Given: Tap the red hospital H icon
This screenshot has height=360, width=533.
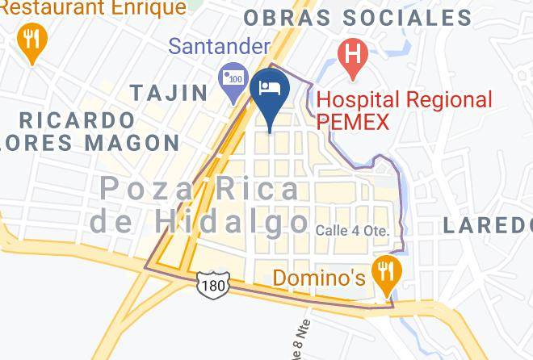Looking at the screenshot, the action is coord(353,56).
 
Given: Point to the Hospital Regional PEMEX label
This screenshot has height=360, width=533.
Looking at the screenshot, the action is coord(404,111).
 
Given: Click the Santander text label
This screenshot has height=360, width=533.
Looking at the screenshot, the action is coord(219,46).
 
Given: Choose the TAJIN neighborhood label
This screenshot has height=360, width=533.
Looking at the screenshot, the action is coord(169,93).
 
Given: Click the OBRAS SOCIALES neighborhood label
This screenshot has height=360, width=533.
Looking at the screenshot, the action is coord(357,18).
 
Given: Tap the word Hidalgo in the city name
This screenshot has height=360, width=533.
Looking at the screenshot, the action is coord(233,220).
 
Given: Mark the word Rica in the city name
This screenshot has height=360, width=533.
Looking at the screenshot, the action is coord(260,190).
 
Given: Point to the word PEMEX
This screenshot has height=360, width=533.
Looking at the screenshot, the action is coord(353,122).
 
